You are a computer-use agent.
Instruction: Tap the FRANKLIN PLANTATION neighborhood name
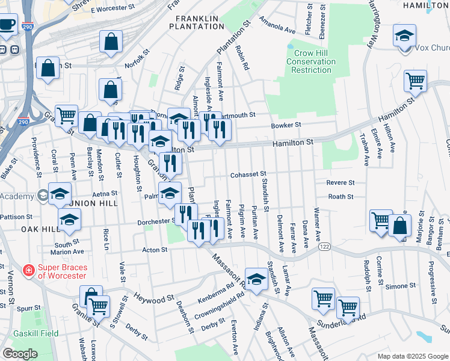[196, 22]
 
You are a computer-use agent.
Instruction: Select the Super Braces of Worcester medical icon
[28, 271]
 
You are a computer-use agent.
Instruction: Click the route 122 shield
[324, 247]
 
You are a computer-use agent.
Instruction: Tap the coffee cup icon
[7, 25]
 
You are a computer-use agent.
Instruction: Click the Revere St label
[341, 182]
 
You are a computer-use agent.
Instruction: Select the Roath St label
[341, 197]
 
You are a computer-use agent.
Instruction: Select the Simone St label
[397, 286]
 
